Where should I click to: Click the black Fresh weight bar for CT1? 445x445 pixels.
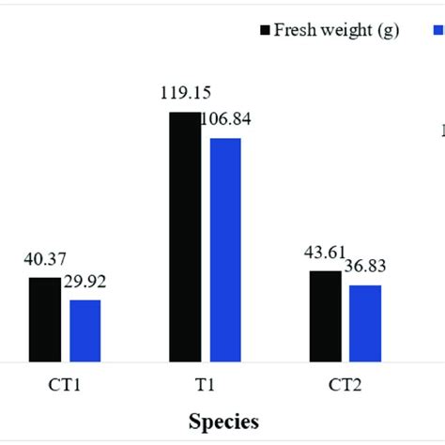pos(44,319)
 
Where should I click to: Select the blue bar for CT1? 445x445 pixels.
pos(84,330)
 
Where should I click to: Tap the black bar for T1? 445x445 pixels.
pos(184,237)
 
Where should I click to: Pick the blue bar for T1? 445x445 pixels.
pos(225,250)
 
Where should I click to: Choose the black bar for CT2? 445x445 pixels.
pos(325,315)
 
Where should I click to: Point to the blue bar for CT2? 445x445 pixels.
pos(365,323)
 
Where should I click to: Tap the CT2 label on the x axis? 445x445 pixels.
pos(345,384)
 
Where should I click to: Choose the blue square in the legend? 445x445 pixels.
pos(437,30)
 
